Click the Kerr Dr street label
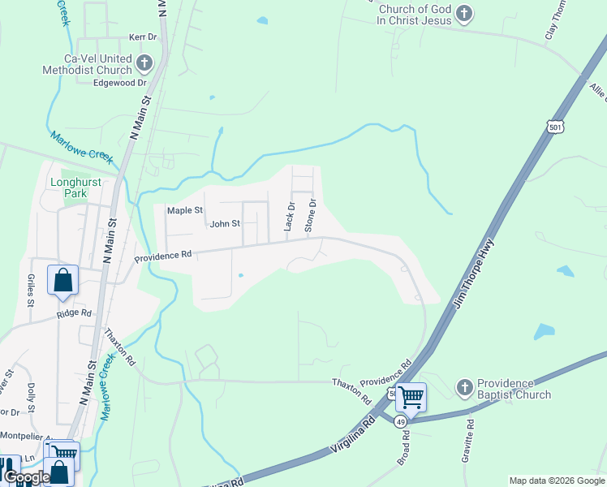(x=142, y=37)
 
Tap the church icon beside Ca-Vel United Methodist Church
(x=144, y=63)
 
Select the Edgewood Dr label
(x=120, y=83)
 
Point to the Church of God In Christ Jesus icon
(x=463, y=14)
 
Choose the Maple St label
(x=184, y=210)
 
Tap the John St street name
(x=225, y=224)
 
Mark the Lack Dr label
(x=288, y=217)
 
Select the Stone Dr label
(x=309, y=215)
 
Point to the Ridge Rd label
(x=75, y=314)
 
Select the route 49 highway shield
(x=400, y=422)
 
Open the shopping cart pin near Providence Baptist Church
(x=411, y=397)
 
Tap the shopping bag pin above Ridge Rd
(x=63, y=281)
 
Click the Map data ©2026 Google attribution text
(x=557, y=481)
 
